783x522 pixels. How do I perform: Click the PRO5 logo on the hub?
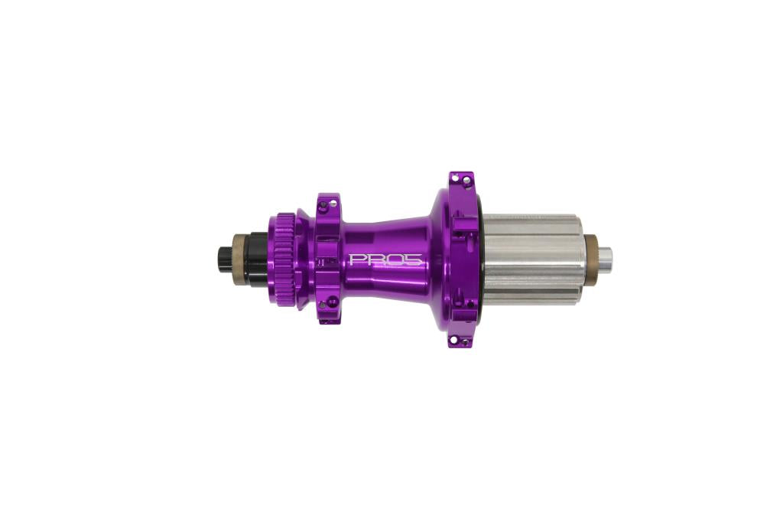pos(385,259)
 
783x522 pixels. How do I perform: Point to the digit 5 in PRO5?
pos(414,259)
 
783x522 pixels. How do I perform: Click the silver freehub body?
pos(532,260)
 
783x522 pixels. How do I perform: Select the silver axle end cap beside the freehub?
pos(604,260)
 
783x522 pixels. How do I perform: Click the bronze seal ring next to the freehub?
pos(591,260)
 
